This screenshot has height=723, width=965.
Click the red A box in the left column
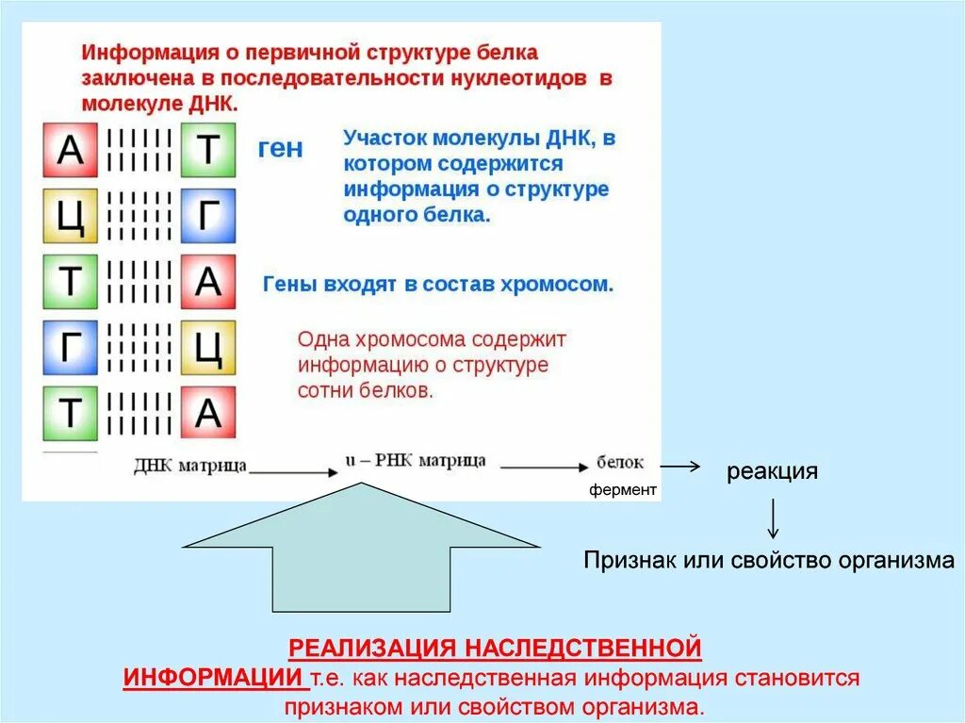[70, 150]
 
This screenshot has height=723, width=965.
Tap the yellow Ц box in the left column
[70, 216]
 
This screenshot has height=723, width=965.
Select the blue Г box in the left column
[70, 348]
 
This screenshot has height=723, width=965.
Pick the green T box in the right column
[207, 150]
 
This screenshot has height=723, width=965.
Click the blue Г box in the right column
[207, 216]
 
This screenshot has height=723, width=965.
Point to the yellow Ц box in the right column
[207, 348]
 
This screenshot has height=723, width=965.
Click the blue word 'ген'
[281, 150]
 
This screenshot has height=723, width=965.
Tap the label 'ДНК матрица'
[190, 465]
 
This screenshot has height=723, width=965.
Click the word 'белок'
[620, 463]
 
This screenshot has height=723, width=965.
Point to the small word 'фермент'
[623, 490]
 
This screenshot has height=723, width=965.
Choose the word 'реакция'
[771, 471]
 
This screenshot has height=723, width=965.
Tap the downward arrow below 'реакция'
[773, 518]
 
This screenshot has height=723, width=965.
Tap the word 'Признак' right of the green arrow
[630, 562]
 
